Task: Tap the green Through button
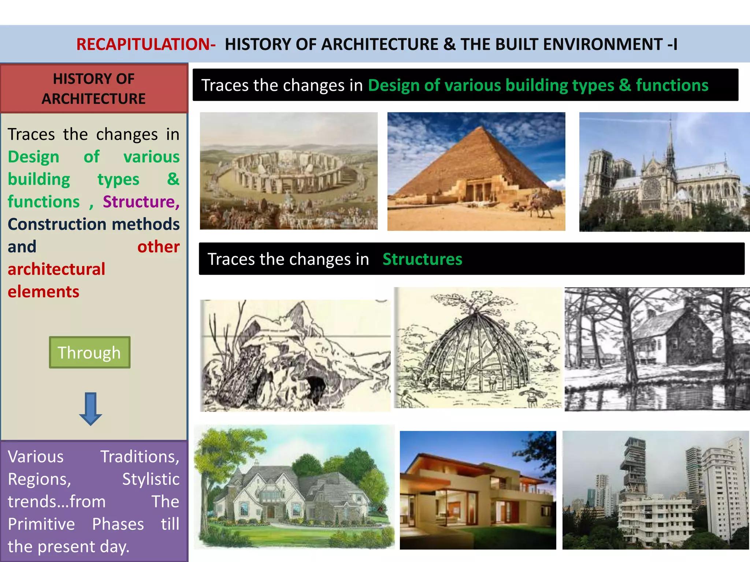90,352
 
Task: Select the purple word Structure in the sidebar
141,202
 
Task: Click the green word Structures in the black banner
422,259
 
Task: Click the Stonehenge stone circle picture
289,171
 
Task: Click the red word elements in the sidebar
44,292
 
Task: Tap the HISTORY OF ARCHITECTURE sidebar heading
94,89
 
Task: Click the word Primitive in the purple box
41,524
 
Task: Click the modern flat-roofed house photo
478,490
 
